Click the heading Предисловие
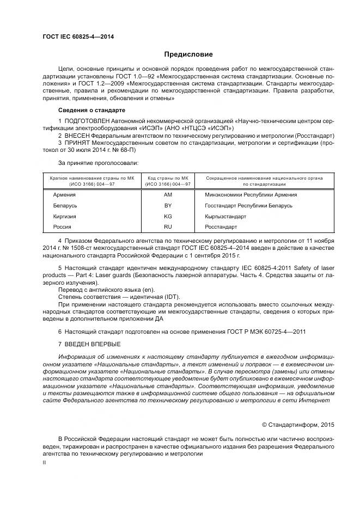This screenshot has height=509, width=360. pyautogui.click(x=188, y=54)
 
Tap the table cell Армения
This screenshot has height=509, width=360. pyautogui.click(x=64, y=195)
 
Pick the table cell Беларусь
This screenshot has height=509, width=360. pyautogui.click(x=65, y=206)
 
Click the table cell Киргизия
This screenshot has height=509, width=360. pyautogui.click(x=64, y=216)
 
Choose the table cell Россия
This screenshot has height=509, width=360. pyautogui.click(x=62, y=227)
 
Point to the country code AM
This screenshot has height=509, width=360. pyautogui.click(x=168, y=195)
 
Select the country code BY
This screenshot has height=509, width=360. pyautogui.click(x=168, y=206)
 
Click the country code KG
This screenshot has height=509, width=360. pyautogui.click(x=168, y=216)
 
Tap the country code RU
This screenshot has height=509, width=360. pyautogui.click(x=168, y=227)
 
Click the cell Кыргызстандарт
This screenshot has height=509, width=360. pyautogui.click(x=225, y=216)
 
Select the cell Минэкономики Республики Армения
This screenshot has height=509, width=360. pyautogui.click(x=243, y=195)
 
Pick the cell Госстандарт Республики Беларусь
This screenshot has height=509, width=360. pyautogui.click(x=248, y=206)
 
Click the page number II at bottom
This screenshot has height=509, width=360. pyautogui.click(x=44, y=462)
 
